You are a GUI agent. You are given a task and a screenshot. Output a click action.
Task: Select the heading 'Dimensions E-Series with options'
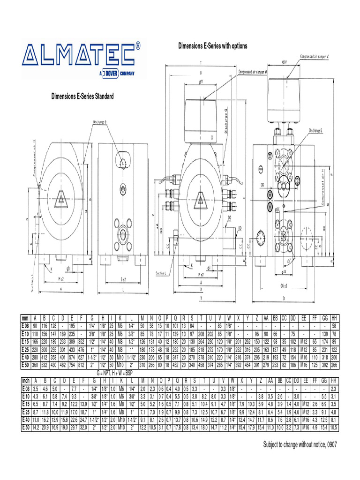pos(212,46)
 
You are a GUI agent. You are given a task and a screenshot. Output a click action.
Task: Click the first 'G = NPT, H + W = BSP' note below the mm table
pos(121,372)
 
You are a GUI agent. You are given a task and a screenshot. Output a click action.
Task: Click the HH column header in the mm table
pos(334,318)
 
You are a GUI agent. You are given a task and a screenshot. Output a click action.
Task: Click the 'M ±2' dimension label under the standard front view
pos(60,279)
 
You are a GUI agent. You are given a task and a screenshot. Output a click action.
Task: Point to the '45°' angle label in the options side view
pos(291,259)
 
